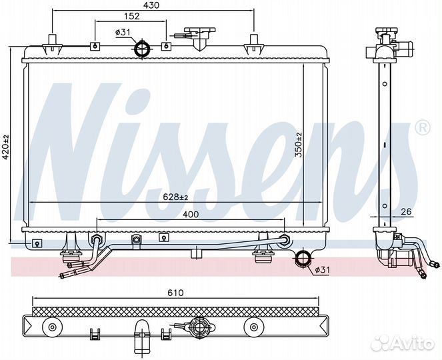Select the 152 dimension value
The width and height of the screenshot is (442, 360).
pos(131,16)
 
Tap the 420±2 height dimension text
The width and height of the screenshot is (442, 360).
pos(6,147)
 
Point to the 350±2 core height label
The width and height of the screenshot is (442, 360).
pos(298,145)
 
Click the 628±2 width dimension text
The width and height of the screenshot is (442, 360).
pos(175,197)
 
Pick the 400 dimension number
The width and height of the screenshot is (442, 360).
pos(191,214)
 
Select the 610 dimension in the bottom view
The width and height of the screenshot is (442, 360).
pos(175,293)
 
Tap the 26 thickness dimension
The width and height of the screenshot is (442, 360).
pos(406,211)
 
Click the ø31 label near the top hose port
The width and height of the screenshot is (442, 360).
pos(123,33)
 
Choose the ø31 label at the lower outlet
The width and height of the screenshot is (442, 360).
pos(321,270)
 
